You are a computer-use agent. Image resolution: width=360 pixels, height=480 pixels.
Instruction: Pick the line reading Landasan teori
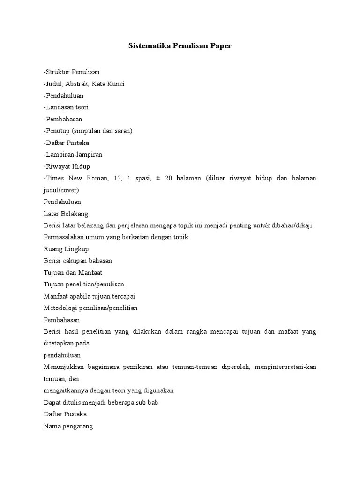[x=66, y=107]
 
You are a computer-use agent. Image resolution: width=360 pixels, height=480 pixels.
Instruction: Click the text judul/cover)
[x=61, y=190]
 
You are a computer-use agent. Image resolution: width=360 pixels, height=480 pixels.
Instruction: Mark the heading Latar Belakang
[x=62, y=213]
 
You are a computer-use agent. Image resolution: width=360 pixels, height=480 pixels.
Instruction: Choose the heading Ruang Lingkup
[x=66, y=249]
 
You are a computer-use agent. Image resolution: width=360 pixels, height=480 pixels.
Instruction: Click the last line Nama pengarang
[x=68, y=426]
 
